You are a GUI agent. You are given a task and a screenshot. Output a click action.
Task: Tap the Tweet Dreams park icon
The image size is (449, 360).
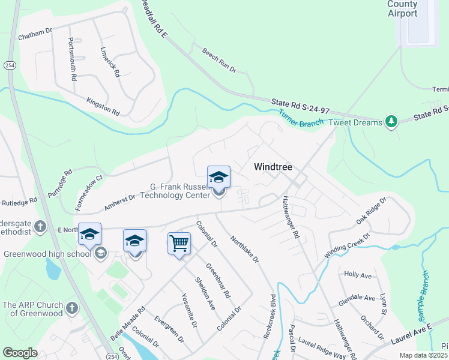pyautogui.click(x=391, y=122)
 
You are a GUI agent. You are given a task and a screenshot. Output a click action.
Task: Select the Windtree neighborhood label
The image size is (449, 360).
pyautogui.click(x=273, y=167)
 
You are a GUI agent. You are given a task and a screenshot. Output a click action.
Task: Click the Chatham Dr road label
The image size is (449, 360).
pyautogui.click(x=36, y=35)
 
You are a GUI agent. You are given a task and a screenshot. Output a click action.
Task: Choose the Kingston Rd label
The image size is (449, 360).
pyautogui.click(x=103, y=107)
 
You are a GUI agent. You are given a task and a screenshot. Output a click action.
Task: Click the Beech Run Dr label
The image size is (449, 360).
pyautogui.click(x=219, y=61)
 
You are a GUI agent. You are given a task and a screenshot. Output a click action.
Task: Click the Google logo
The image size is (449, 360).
pyautogui.click(x=20, y=353)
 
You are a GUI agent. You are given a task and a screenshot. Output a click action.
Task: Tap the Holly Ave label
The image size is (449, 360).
pyautogui.click(x=358, y=275)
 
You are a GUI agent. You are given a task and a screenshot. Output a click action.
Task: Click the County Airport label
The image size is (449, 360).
pyautogui.click(x=402, y=9)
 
